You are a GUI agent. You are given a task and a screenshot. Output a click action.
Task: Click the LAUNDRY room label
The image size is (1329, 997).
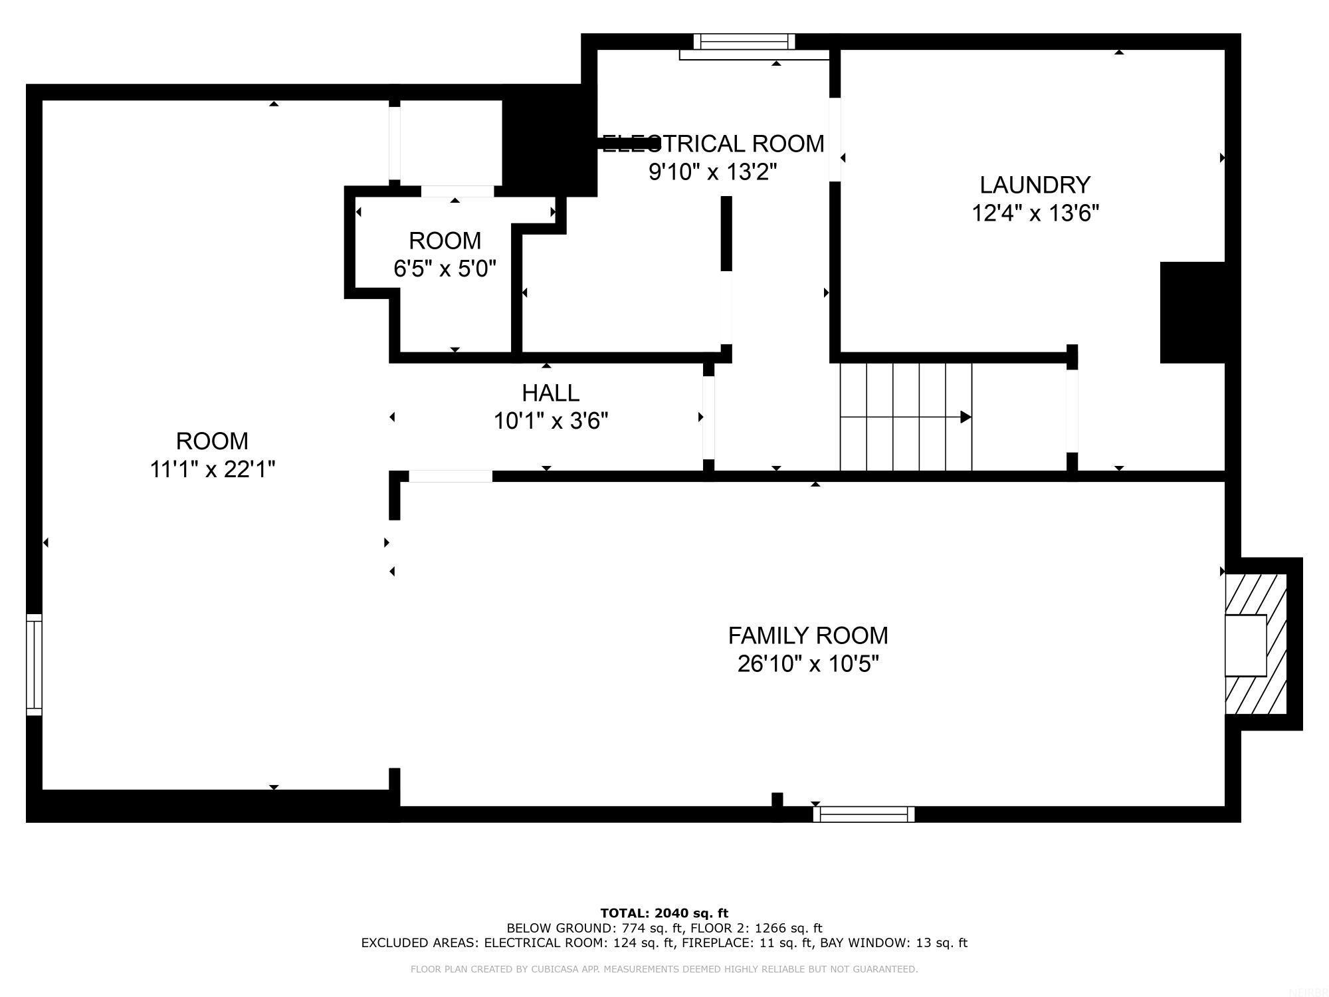[1035, 184]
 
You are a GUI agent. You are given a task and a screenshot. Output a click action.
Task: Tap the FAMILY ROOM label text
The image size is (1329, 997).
[807, 635]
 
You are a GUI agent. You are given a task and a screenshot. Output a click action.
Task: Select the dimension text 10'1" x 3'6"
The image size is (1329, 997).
[551, 421]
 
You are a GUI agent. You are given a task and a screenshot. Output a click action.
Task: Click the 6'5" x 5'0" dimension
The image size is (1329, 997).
[445, 269]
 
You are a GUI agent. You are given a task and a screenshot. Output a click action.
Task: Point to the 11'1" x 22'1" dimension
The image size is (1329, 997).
[212, 469]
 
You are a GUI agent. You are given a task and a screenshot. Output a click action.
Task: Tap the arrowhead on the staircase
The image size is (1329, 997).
[966, 417]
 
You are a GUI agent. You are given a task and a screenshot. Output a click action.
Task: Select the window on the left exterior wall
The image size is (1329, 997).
[34, 665]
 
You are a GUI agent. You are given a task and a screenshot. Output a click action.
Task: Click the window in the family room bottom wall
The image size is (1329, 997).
[863, 814]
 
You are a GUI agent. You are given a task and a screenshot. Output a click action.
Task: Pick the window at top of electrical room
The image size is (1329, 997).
[744, 42]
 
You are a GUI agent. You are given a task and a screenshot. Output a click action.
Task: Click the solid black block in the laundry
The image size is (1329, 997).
[1192, 312]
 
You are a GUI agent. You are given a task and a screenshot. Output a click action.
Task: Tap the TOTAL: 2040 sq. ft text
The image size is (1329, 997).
[664, 913]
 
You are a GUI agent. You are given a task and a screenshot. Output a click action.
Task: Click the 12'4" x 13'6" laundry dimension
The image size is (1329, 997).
[1035, 213]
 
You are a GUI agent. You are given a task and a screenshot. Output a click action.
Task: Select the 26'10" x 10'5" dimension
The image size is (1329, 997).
[807, 664]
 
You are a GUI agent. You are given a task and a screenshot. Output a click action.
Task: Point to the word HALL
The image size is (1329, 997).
[551, 393]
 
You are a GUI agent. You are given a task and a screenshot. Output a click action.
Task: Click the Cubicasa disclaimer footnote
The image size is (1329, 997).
[664, 969]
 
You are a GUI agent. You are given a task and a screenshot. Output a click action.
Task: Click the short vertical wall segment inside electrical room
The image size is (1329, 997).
[726, 233]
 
